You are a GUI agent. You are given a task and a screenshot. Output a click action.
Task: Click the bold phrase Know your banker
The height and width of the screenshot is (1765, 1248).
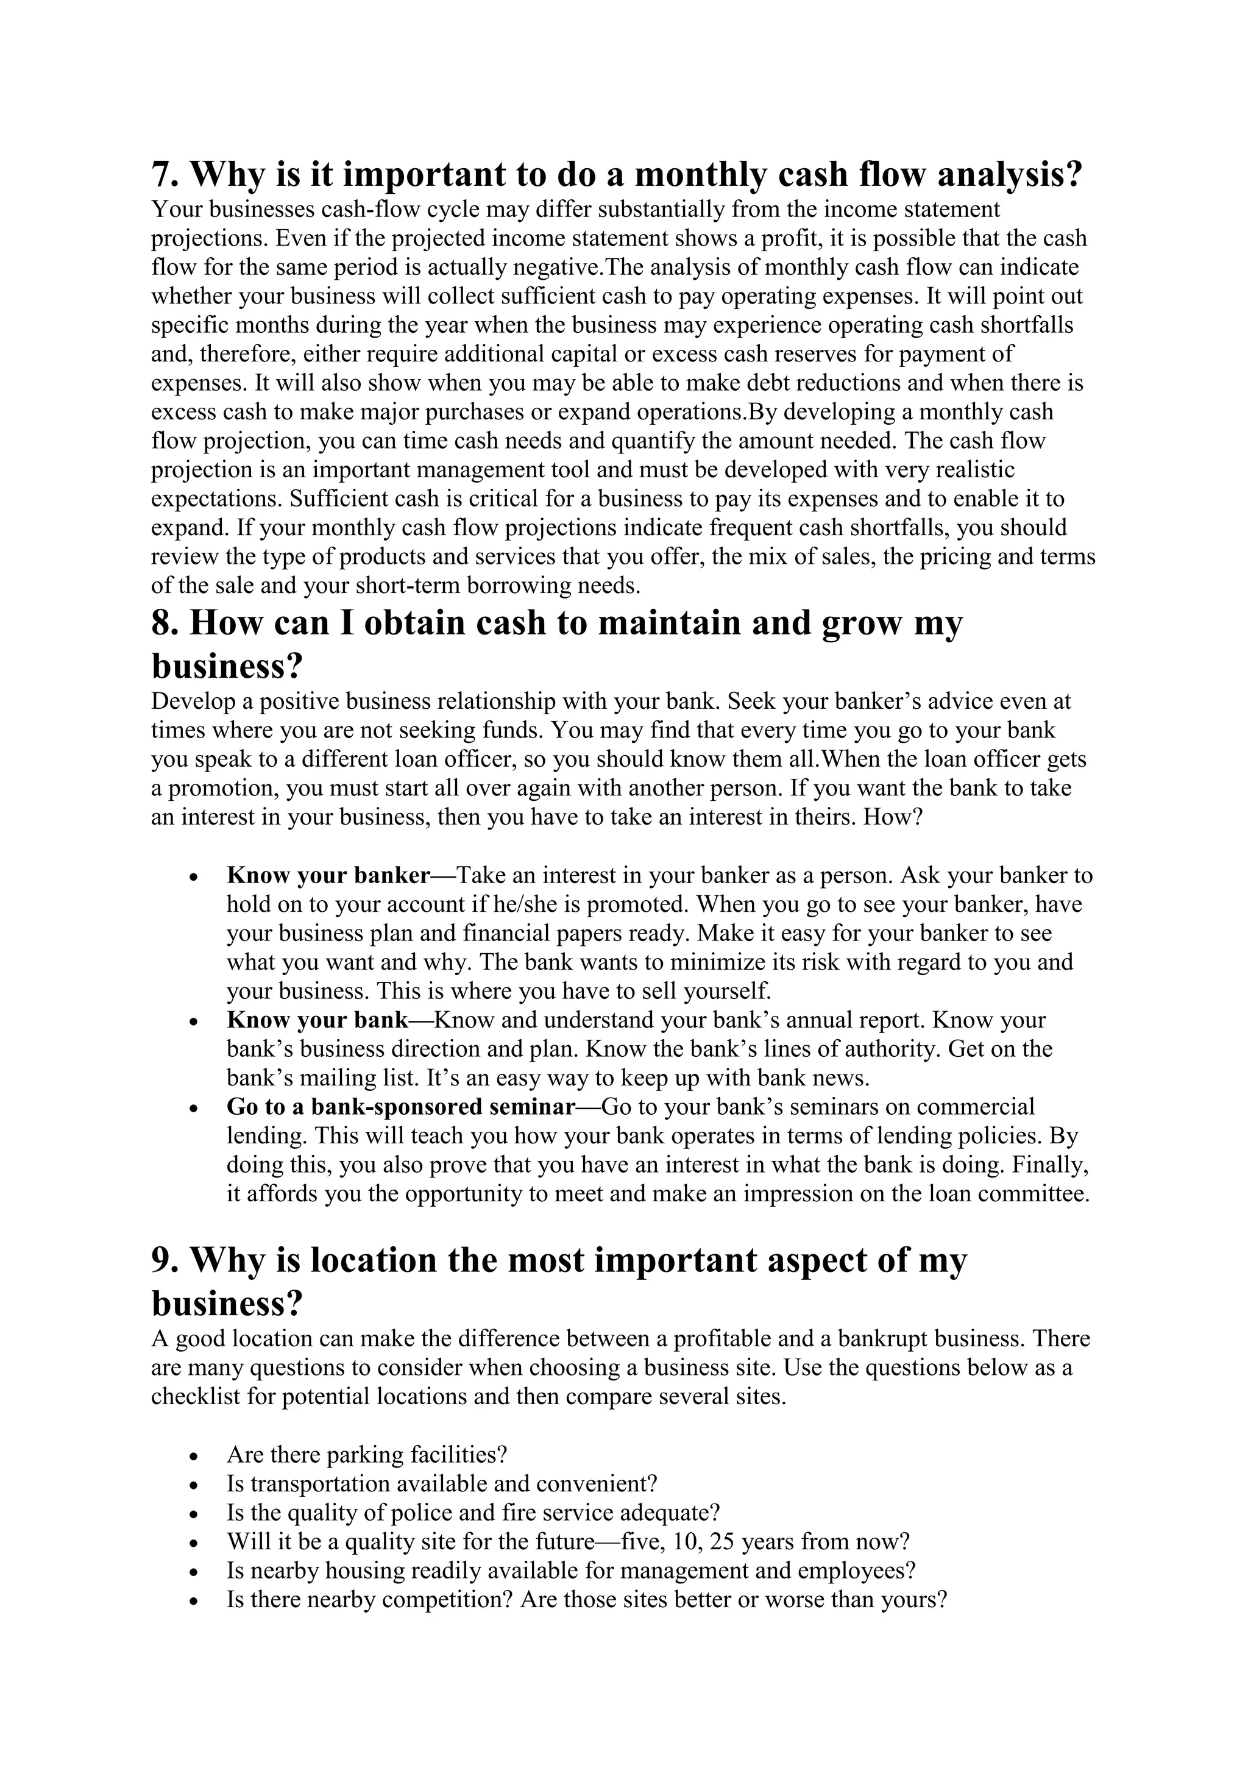click(x=328, y=876)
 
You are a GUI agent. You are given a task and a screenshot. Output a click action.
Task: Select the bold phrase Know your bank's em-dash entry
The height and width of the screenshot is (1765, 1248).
click(x=317, y=1020)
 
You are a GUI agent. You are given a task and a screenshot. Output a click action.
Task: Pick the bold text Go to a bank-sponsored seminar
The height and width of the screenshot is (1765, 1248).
click(x=400, y=1107)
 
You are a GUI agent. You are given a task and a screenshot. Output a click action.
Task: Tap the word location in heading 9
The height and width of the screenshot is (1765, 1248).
click(x=374, y=1261)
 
